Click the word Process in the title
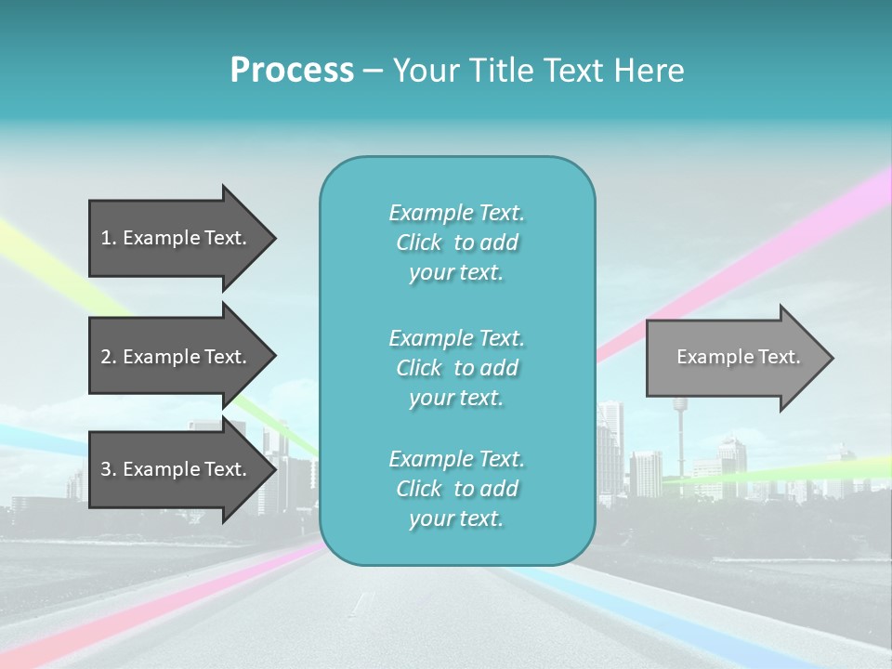pos(292,71)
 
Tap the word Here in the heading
pos(649,71)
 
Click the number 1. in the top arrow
pos(109,238)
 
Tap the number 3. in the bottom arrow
pos(109,469)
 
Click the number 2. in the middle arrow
pos(109,357)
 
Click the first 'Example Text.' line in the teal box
pos(456,213)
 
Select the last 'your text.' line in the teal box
pos(456,518)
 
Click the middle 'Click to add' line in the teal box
pos(456,368)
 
